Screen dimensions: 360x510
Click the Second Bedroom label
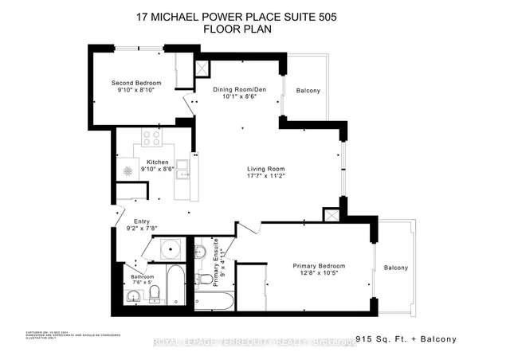point(136,84)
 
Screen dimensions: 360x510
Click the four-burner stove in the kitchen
point(151,138)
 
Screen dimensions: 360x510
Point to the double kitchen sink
point(183,169)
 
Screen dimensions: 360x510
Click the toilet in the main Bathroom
point(156,295)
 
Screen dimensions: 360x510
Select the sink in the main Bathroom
point(132,297)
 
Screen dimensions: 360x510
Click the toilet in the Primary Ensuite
point(206,279)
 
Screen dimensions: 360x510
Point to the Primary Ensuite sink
point(201,252)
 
